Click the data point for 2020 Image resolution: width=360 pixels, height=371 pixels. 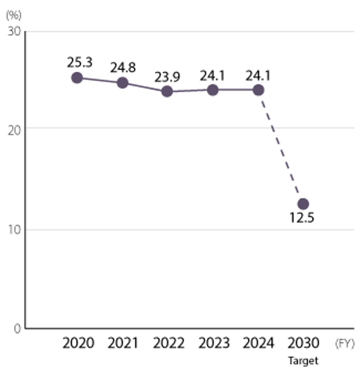coord(77,77)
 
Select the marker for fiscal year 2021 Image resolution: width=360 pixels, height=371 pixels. coord(123,82)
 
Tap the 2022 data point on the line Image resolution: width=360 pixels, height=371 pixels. coord(167,91)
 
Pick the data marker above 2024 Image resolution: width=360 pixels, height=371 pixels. coord(259,89)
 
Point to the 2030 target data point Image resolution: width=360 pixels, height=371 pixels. coord(303,203)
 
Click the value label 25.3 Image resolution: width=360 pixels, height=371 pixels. coord(80,62)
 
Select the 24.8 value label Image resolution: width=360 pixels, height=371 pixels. coord(123,68)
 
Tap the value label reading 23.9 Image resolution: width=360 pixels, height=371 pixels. coord(168,76)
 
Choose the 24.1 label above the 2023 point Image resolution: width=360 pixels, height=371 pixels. coord(213,75)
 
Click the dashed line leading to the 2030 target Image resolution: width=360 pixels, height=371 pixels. coord(280,146)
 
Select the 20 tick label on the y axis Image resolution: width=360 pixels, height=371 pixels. coord(13,129)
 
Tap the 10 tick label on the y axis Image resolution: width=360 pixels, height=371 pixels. coord(13,229)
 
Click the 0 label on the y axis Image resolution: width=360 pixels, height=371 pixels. coord(17,328)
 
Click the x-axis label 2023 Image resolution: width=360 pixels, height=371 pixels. coord(213,344)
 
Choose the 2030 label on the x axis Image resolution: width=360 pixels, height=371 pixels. coord(304,344)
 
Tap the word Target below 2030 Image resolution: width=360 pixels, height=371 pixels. coord(304,360)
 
